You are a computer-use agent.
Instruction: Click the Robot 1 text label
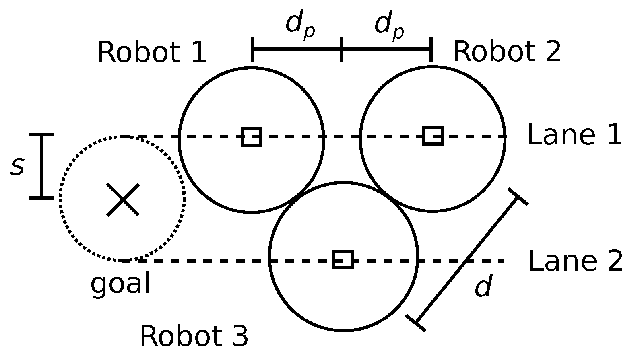tap(152, 53)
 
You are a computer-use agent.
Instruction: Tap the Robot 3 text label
tap(194, 336)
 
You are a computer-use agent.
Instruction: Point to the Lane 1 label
tap(574, 135)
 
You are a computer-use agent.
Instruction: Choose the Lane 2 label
tap(575, 261)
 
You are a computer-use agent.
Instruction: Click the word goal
tap(120, 284)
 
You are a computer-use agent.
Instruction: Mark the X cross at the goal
tap(123, 200)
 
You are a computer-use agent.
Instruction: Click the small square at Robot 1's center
tap(252, 137)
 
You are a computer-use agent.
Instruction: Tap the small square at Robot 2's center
tap(433, 136)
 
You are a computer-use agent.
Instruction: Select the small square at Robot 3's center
tap(343, 259)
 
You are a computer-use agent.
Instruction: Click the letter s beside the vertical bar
tap(17, 166)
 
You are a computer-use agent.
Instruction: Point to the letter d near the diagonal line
tap(483, 287)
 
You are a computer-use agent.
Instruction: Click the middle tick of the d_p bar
tap(342, 49)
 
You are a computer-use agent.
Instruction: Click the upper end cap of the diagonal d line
tap(518, 196)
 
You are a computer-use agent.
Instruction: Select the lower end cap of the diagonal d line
tap(416, 323)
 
